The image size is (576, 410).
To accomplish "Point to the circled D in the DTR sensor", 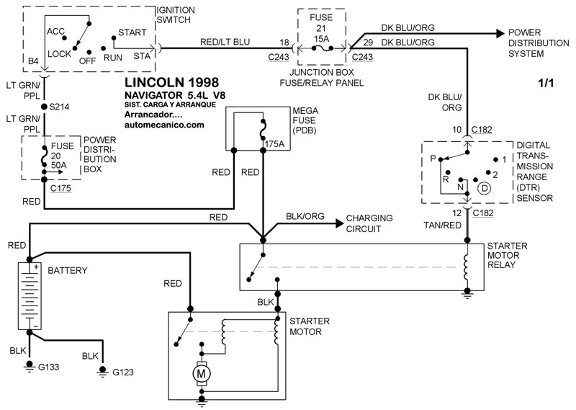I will coord(485,188).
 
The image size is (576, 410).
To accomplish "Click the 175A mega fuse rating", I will coord(274,144).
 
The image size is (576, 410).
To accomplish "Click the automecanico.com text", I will coord(164,124).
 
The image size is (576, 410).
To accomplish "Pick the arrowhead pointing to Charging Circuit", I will coord(338,223).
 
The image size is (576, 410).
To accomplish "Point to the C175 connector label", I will coord(61,189).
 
